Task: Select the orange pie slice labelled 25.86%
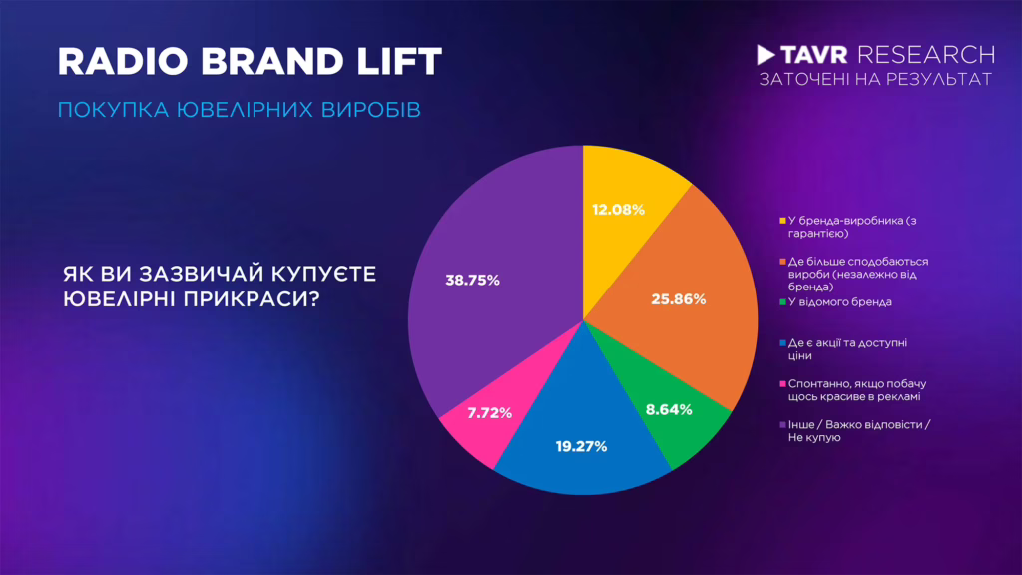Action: coord(685,299)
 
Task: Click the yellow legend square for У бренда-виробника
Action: coord(782,221)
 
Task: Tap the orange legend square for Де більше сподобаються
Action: coord(782,262)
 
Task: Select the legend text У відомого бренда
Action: coord(840,302)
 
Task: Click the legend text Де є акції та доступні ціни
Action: coord(847,349)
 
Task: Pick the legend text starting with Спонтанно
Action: coord(857,390)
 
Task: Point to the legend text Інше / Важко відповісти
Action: coord(859,431)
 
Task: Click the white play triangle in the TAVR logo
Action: coord(766,55)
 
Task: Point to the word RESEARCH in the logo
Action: coord(926,55)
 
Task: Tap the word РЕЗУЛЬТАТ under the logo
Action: coord(940,80)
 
